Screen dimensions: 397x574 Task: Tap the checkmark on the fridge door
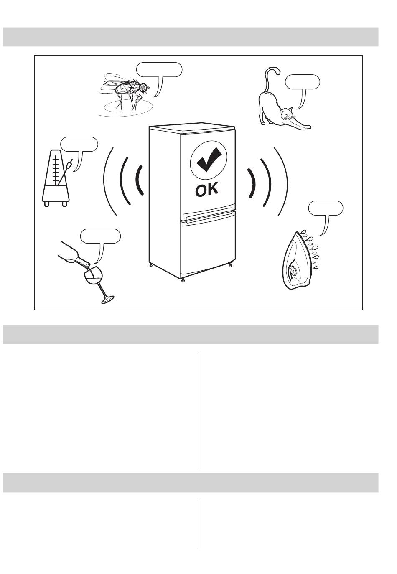pyautogui.click(x=209, y=160)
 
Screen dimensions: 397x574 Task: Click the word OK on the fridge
pyautogui.click(x=207, y=190)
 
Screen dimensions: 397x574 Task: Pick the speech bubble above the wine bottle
pyautogui.click(x=100, y=237)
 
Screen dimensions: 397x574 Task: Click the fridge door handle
pyautogui.click(x=210, y=216)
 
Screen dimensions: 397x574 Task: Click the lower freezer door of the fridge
pyautogui.click(x=208, y=246)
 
